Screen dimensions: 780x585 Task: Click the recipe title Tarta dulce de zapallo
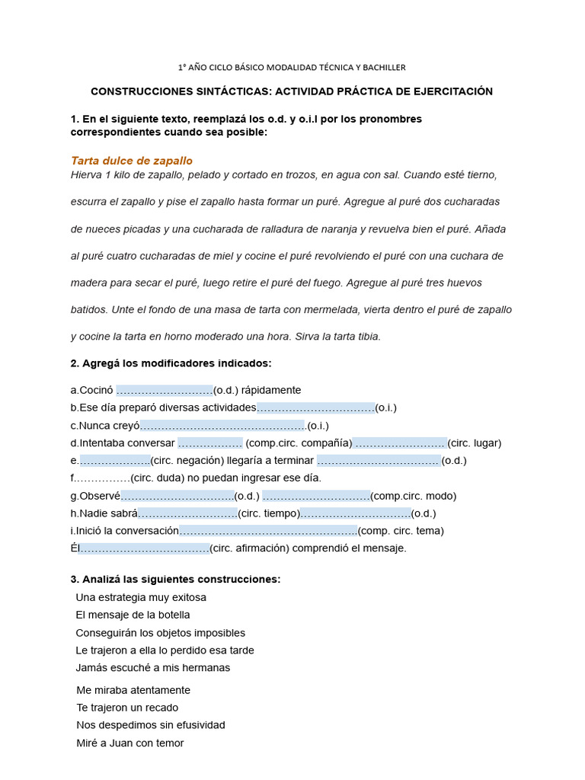point(132,161)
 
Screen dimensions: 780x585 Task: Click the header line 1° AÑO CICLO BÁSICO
point(292,67)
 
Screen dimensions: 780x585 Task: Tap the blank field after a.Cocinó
point(165,390)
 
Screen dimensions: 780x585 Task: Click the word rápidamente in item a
point(271,390)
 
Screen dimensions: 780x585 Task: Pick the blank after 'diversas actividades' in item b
point(315,408)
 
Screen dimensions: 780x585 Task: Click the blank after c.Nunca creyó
point(222,426)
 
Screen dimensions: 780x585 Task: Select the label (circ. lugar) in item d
point(474,443)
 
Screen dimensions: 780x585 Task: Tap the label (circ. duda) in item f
point(158,478)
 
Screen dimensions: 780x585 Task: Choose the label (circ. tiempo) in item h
point(269,513)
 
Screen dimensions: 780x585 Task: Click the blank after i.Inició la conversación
point(268,531)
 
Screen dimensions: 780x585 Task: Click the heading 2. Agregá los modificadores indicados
point(171,363)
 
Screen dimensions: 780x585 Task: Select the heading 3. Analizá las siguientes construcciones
point(175,580)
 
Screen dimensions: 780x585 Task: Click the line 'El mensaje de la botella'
point(133,615)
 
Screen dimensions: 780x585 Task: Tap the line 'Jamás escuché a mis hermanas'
point(152,668)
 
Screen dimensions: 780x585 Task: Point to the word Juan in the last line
point(123,743)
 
